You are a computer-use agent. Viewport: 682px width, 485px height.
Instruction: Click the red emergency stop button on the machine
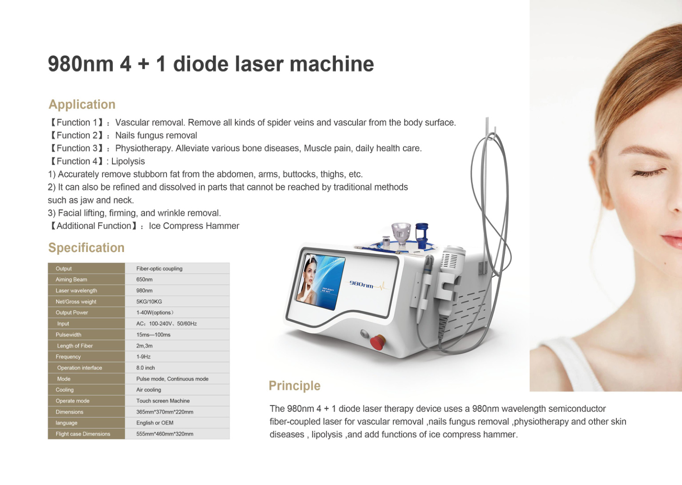378,342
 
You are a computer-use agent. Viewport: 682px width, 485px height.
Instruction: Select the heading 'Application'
82,104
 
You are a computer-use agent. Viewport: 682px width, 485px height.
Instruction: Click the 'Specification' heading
86,248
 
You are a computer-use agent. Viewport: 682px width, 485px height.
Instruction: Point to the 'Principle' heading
294,386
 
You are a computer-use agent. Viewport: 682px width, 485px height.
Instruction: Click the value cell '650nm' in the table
144,280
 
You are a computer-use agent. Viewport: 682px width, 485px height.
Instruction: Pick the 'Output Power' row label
72,313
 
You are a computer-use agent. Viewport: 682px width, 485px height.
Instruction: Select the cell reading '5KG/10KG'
149,301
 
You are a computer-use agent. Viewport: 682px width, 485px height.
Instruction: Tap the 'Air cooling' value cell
149,390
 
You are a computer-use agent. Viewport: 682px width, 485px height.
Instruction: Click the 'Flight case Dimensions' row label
83,434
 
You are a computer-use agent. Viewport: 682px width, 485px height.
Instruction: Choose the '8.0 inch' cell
145,368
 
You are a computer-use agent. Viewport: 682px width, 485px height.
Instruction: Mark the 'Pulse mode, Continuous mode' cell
172,379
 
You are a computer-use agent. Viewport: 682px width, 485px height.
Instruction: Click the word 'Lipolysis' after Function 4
128,161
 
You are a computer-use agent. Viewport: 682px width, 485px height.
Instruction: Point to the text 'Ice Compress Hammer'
194,226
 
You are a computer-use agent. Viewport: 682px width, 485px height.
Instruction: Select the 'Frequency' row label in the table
68,356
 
